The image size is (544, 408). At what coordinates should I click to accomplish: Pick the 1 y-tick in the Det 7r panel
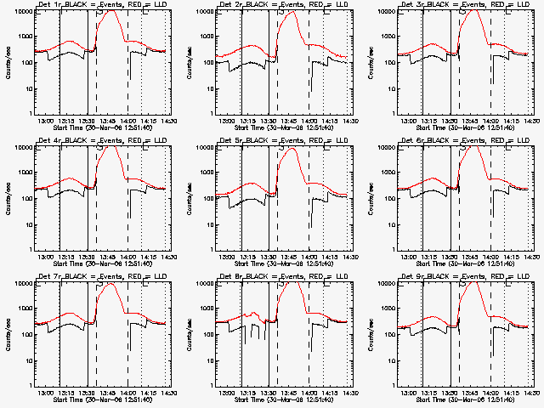click(31, 385)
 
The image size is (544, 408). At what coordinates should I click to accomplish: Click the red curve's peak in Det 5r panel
click(293, 148)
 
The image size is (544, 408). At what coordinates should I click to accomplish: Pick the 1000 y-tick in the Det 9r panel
click(385, 309)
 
